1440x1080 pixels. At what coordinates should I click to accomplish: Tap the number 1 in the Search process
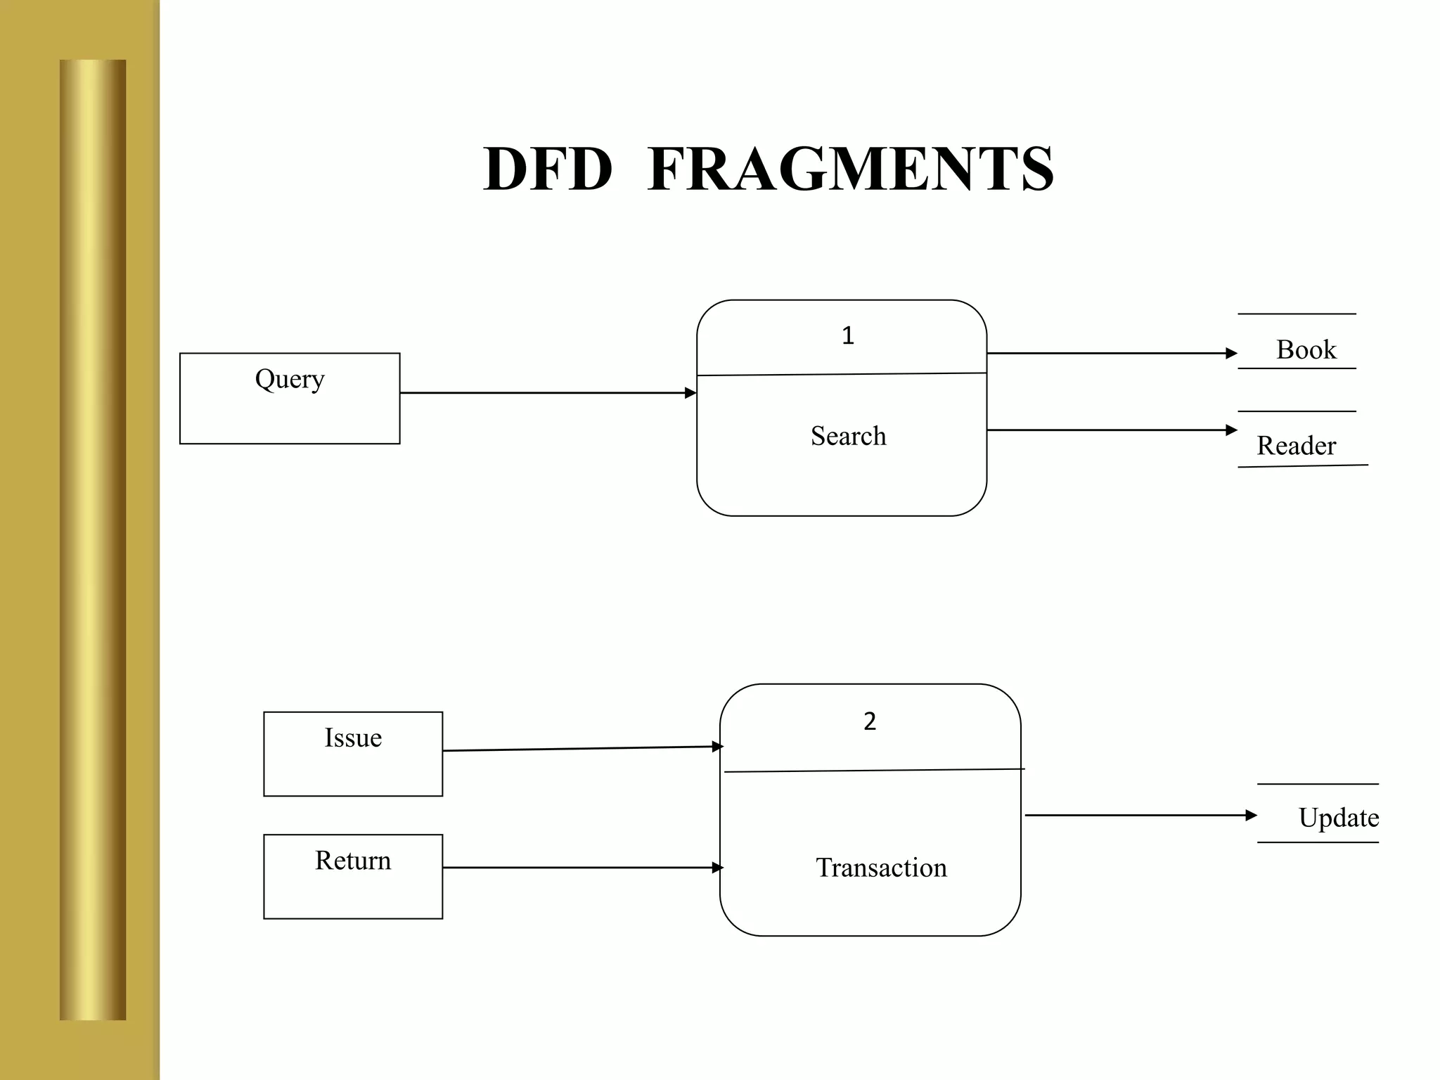[848, 336]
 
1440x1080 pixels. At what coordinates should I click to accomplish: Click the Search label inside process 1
[848, 436]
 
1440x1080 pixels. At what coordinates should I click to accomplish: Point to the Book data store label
[1306, 349]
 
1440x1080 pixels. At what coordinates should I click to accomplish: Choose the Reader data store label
[1296, 446]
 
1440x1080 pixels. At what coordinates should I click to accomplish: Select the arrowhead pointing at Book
[1231, 353]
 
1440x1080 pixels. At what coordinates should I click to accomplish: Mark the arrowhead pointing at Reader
[1231, 430]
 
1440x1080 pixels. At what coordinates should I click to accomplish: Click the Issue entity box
[353, 754]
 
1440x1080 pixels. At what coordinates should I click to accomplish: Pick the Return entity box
[353, 876]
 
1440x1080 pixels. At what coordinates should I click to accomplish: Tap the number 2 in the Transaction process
[870, 721]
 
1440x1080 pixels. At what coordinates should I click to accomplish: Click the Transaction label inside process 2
[881, 868]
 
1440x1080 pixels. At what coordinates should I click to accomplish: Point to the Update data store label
[1338, 818]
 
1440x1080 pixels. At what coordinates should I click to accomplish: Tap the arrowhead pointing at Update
[1251, 816]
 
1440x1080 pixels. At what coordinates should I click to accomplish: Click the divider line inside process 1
[842, 374]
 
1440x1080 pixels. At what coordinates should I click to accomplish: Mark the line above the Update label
[1318, 784]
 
